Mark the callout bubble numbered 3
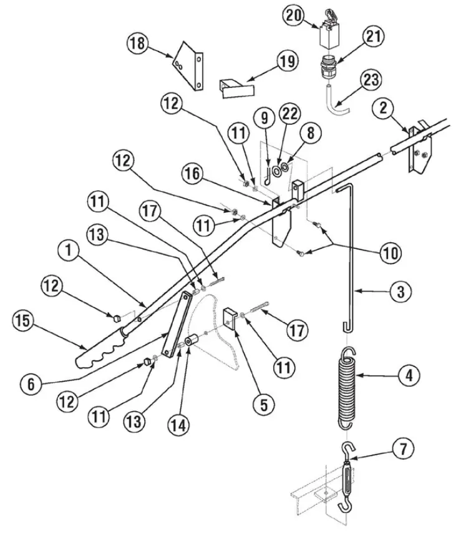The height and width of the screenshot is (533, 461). tap(400, 291)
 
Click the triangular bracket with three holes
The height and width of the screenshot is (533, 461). tap(188, 66)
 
